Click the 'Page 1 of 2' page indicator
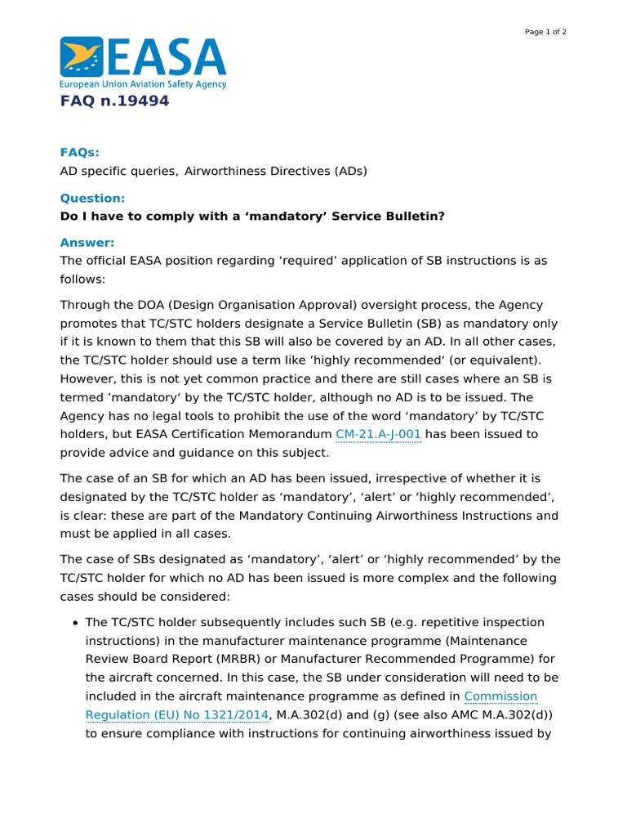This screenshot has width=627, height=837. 545,32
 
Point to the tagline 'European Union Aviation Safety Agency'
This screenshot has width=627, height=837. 143,84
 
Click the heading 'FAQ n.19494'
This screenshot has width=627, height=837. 115,101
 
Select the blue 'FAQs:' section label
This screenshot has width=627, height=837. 80,153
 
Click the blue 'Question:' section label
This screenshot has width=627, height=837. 93,198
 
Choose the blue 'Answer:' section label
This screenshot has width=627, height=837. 87,243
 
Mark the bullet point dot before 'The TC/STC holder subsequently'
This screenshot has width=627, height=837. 75,623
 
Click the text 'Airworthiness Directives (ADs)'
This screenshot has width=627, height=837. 276,171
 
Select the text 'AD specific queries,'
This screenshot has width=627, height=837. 119,171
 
